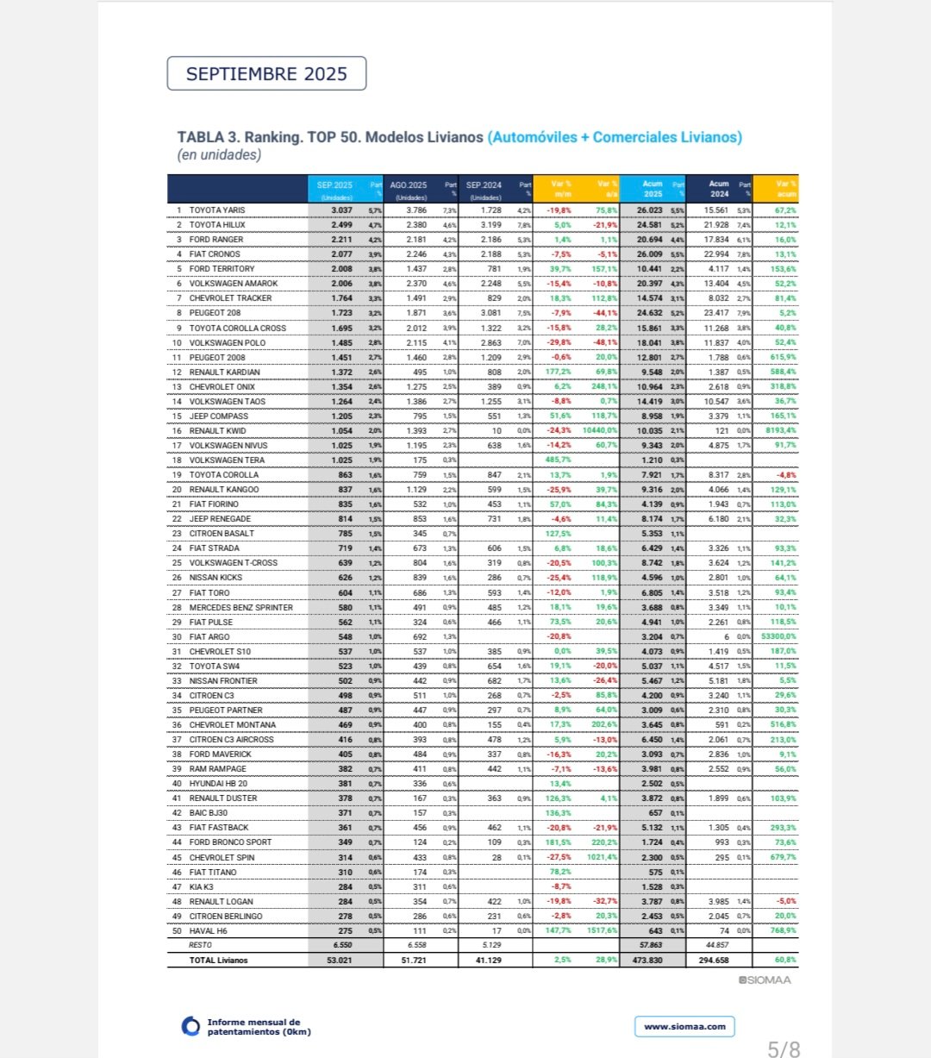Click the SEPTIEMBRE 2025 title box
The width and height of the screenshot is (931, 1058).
[x=266, y=73]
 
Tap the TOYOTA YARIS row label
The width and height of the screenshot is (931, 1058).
[x=217, y=210]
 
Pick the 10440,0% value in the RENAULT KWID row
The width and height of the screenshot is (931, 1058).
[x=600, y=431]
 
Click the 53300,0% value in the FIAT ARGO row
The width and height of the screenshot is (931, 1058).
[x=779, y=637]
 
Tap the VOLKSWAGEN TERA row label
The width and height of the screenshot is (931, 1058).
[x=227, y=460]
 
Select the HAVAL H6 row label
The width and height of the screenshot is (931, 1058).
[x=209, y=931]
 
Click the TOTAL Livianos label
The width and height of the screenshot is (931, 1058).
[x=218, y=960]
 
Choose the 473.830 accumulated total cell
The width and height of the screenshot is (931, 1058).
[x=647, y=960]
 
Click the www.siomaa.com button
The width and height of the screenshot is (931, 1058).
[x=685, y=1026]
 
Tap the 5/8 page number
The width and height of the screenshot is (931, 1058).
[x=784, y=1049]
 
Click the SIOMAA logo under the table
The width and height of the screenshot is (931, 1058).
[x=765, y=980]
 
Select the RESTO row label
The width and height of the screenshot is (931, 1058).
[x=200, y=945]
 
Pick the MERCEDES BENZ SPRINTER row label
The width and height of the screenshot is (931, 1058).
[x=241, y=608]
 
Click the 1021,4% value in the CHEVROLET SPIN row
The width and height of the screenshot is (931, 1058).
[x=600, y=858]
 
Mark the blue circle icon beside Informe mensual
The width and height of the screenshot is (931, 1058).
[x=191, y=1026]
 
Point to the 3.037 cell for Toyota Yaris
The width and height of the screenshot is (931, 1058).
[x=341, y=210]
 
